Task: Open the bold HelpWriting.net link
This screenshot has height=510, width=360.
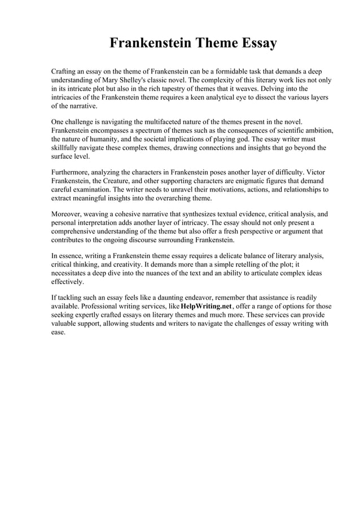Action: click(207, 306)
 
